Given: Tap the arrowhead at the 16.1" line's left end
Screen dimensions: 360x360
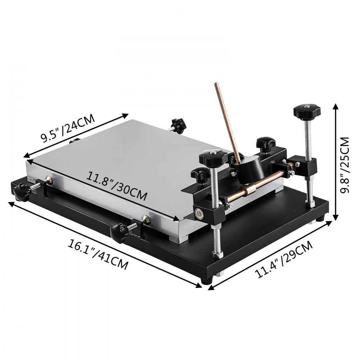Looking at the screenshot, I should [x=10, y=203].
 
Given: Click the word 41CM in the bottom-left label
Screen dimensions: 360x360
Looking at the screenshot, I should [x=113, y=261].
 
